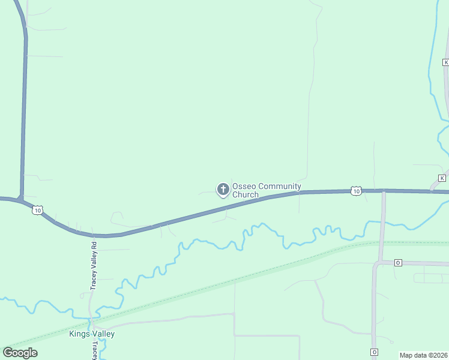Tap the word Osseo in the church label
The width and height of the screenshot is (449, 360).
point(243,187)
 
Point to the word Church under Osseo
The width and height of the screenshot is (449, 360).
point(245,195)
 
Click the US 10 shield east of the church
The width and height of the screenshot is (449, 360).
point(357,191)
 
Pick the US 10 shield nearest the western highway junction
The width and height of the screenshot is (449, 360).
point(38,210)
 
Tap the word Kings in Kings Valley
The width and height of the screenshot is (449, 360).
point(80,334)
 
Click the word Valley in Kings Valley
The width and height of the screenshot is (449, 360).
point(103,334)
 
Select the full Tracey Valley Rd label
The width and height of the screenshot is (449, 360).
point(94,266)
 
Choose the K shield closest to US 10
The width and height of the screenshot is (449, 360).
point(442,178)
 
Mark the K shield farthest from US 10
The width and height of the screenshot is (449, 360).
point(445,62)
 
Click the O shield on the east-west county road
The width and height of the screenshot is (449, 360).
point(397,263)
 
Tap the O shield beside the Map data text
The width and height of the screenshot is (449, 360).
point(374,352)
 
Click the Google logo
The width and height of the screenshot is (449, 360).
point(20,353)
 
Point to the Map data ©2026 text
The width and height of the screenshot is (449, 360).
point(423,355)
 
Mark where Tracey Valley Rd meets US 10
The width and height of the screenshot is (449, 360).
point(93,235)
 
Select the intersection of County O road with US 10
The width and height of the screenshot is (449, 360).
point(384,191)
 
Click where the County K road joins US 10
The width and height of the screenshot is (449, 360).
point(431,191)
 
